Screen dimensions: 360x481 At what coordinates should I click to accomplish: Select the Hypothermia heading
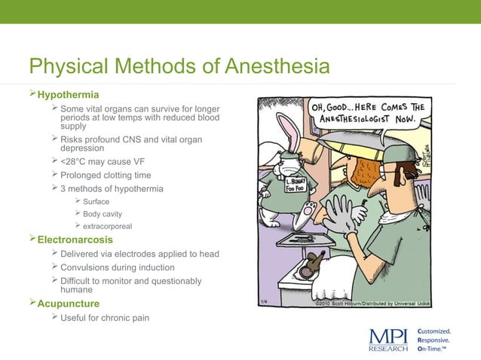(68, 96)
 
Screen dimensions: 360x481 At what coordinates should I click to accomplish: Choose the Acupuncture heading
(69, 304)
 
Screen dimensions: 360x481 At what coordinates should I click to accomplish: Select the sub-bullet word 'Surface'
(96, 202)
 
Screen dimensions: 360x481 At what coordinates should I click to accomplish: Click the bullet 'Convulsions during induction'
(117, 267)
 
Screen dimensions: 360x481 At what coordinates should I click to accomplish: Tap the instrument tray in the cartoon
(305, 239)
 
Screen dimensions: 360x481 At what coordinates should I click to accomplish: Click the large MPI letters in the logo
(389, 337)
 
